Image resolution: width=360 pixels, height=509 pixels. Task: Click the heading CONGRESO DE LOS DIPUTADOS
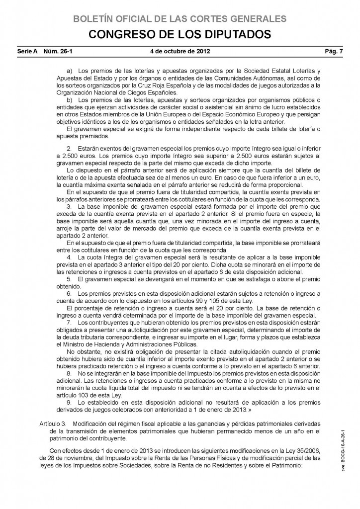180,34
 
